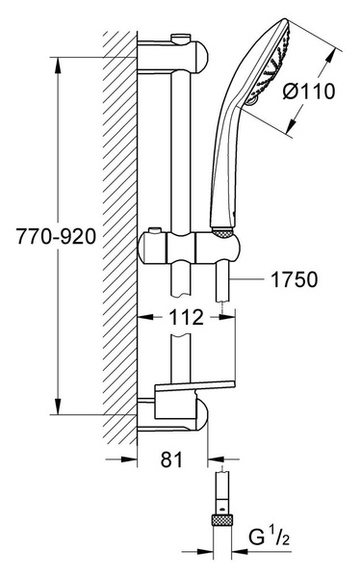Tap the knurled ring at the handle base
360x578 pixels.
[222, 231]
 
